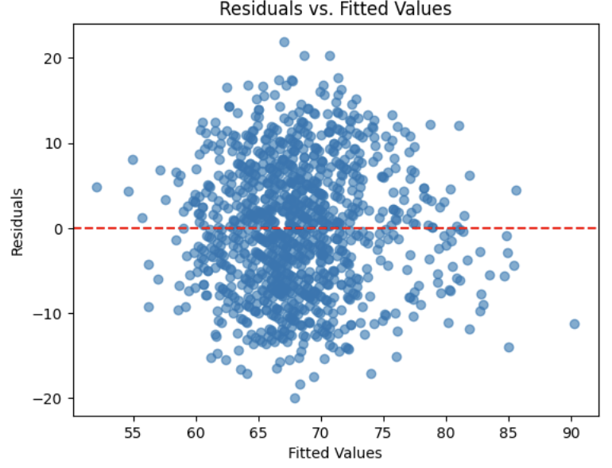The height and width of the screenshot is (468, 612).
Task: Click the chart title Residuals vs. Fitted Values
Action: click(x=335, y=10)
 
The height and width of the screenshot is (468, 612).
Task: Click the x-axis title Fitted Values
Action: click(x=335, y=454)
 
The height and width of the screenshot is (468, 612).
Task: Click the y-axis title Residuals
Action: click(x=17, y=222)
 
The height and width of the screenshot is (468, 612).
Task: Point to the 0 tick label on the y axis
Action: click(x=59, y=228)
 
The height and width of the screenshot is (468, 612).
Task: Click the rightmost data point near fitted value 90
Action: click(x=574, y=323)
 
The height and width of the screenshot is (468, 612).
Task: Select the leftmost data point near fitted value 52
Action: click(x=97, y=188)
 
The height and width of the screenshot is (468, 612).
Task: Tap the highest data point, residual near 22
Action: click(x=284, y=42)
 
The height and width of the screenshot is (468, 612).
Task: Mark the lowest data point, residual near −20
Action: click(x=295, y=398)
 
